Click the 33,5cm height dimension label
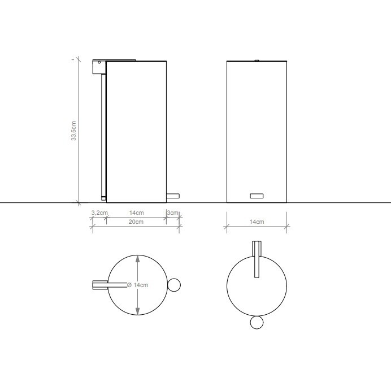[73, 131]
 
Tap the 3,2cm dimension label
[99, 213]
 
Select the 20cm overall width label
[136, 222]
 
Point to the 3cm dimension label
[172, 213]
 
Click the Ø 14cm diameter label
[138, 285]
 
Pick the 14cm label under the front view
[257, 222]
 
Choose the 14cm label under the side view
[136, 213]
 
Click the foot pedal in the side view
[173, 196]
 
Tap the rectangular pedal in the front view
[257, 196]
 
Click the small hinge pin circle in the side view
[99, 62]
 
